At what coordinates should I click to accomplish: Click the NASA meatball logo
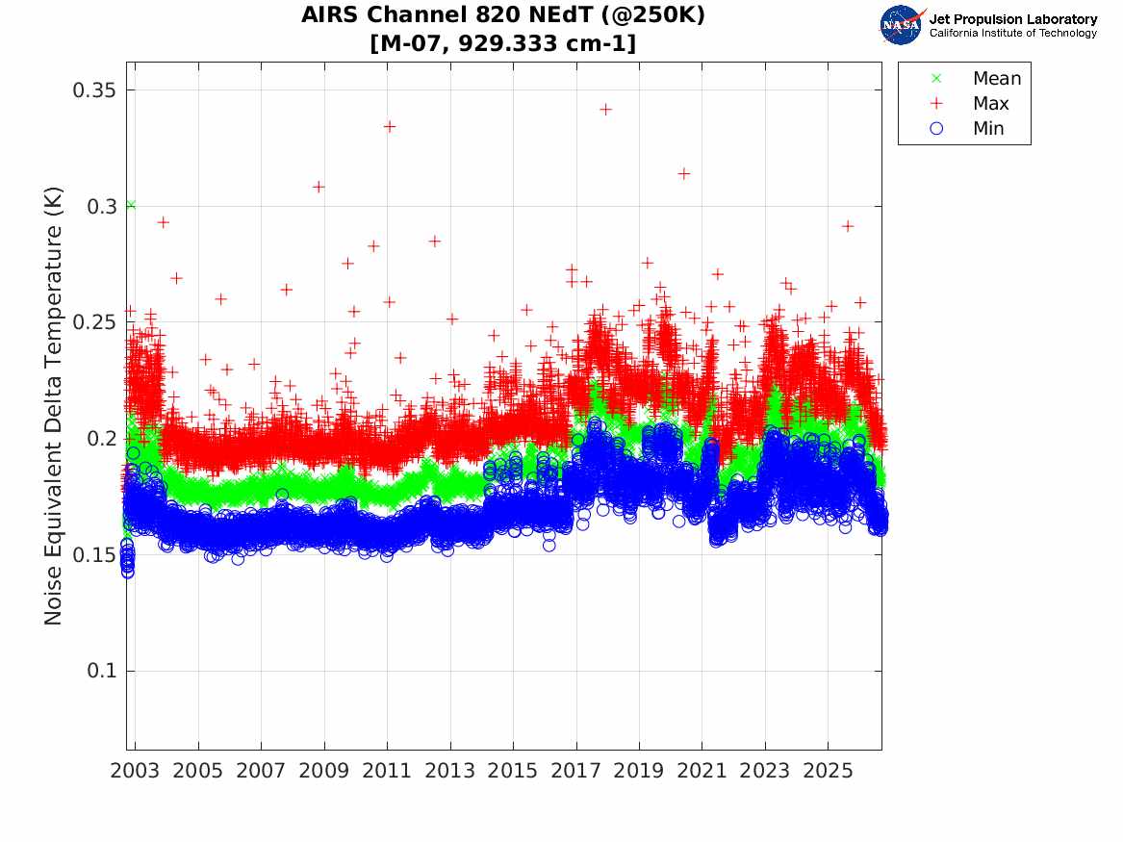(903, 25)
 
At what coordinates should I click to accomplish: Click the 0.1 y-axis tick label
(101, 671)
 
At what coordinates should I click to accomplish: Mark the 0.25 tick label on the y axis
(93, 322)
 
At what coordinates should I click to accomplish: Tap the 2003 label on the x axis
(135, 771)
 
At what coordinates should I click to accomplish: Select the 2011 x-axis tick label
(387, 771)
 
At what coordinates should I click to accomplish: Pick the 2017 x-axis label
(575, 771)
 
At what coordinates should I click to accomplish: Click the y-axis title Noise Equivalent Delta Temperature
(54, 406)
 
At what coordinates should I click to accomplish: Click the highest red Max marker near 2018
(606, 110)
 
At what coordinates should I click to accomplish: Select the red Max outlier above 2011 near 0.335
(390, 127)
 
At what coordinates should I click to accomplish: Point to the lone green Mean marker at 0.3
(130, 206)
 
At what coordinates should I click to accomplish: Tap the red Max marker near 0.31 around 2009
(319, 187)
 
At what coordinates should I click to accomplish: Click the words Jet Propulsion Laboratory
(1013, 19)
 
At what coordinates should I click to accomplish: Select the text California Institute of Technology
(1013, 33)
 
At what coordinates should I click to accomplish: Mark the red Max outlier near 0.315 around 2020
(684, 174)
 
